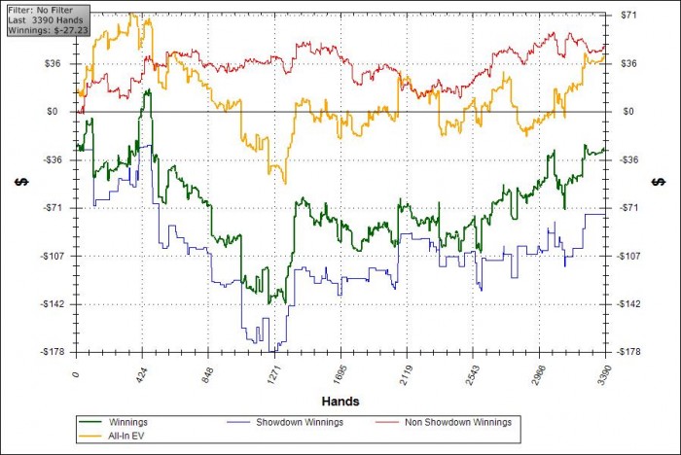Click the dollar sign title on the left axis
click(18, 182)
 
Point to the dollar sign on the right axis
click(660, 182)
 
